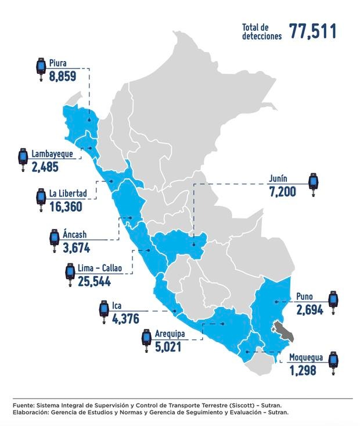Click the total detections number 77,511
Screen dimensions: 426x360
point(313,31)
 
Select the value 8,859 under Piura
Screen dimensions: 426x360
point(63,76)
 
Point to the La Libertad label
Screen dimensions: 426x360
point(68,194)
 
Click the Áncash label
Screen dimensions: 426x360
point(74,236)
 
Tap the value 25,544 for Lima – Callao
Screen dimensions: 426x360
point(93,282)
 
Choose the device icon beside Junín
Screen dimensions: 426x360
point(314,184)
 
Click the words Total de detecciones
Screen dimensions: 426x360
point(262,31)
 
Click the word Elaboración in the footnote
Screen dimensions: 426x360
point(31,412)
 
